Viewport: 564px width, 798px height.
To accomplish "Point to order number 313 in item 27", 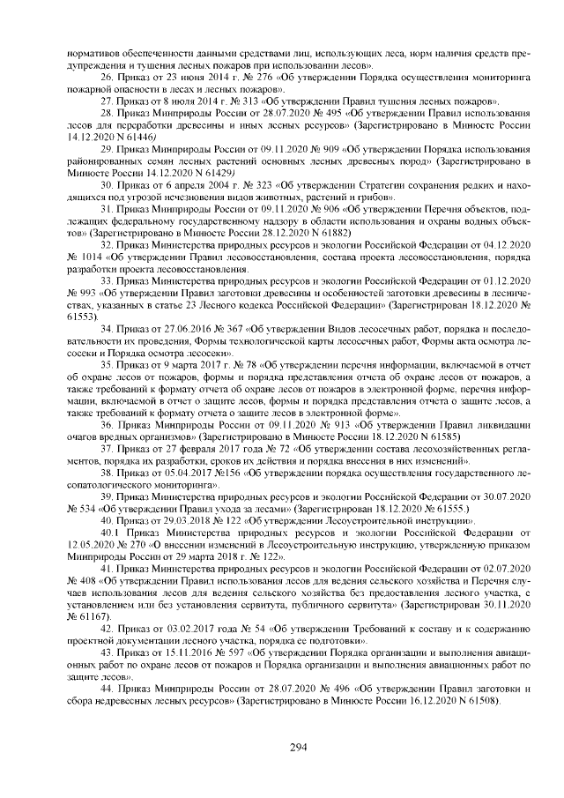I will (246, 102).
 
